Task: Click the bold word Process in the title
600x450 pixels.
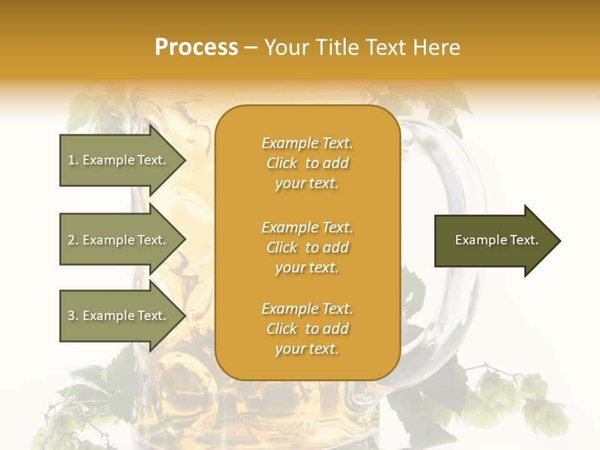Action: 196,47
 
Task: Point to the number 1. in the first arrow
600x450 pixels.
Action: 73,160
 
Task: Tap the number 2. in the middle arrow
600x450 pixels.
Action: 73,240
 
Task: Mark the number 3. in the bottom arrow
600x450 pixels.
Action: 73,316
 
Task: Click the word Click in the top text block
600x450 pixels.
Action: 282,163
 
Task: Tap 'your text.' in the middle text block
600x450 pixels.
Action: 307,267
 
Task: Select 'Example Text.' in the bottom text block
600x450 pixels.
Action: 307,309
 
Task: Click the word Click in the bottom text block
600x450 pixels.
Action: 282,329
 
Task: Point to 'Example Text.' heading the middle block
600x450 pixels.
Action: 307,227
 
